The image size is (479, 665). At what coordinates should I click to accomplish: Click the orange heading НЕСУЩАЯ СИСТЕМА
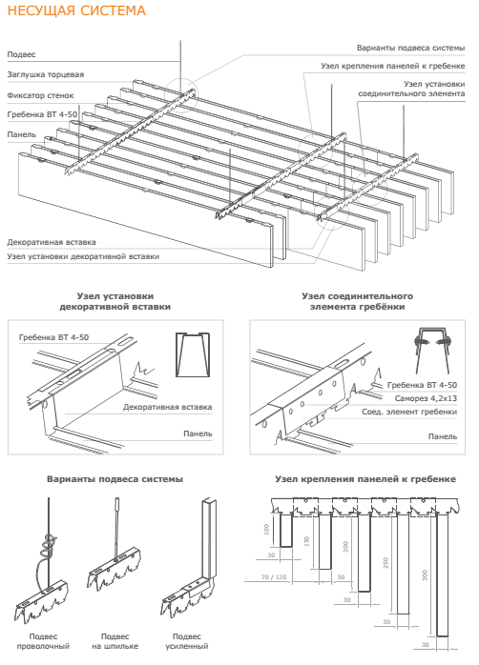[76, 10]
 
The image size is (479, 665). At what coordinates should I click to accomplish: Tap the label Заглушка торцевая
[46, 74]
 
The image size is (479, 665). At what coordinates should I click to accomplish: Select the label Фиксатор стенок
[40, 95]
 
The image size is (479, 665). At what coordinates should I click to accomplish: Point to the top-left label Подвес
[21, 54]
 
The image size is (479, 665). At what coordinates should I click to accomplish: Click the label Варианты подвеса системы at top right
[410, 48]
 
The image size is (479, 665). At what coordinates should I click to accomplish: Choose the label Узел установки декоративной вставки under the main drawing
[83, 256]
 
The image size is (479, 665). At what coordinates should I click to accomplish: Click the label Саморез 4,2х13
[426, 398]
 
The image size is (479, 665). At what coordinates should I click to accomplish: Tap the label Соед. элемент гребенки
[409, 412]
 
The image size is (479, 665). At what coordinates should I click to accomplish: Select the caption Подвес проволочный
[43, 641]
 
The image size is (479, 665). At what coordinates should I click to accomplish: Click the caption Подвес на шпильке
[115, 641]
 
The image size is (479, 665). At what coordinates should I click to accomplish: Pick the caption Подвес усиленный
[186, 641]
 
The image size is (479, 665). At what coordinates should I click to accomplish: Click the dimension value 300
[425, 575]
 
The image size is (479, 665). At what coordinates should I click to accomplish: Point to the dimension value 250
[385, 562]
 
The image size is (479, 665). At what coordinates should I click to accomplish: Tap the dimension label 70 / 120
[274, 577]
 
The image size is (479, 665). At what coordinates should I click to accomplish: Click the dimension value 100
[266, 530]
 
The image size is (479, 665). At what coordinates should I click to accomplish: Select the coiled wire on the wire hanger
[48, 546]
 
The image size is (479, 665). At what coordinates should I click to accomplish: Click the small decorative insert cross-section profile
[193, 354]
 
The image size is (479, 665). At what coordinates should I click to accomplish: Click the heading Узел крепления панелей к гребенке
[365, 479]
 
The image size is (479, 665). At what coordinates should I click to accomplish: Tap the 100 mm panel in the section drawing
[286, 530]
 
